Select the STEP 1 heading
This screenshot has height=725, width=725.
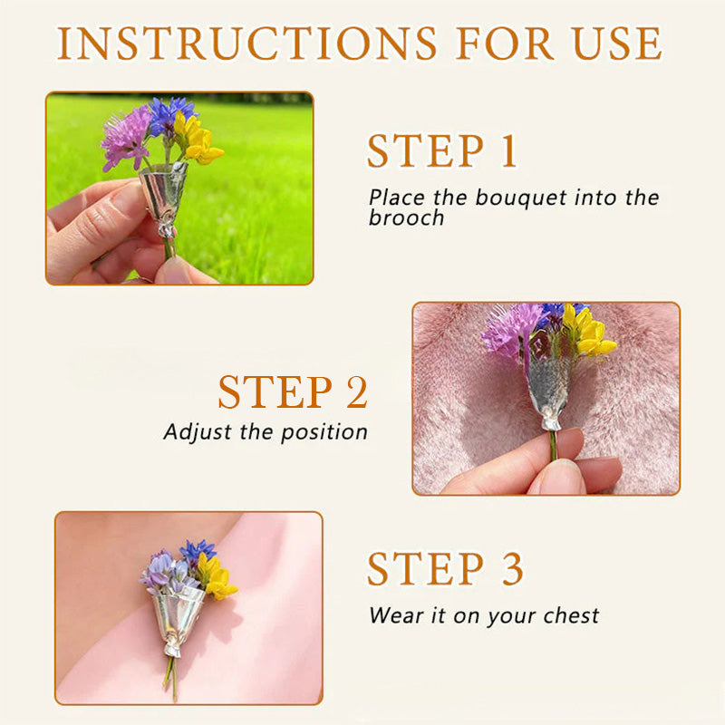(441, 151)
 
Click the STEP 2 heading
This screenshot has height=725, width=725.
(293, 392)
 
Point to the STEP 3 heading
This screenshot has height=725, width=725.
(445, 568)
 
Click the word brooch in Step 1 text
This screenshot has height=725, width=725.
(406, 218)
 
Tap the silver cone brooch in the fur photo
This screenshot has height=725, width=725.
(548, 385)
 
